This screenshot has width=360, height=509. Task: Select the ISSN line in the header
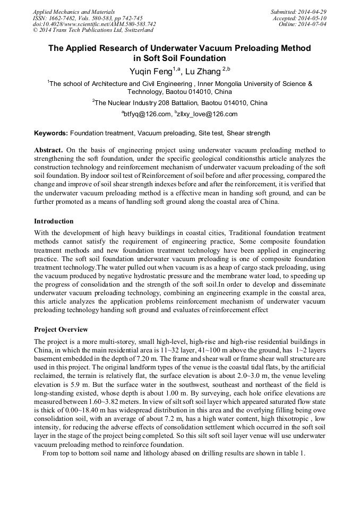87,18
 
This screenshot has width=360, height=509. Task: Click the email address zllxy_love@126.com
205,114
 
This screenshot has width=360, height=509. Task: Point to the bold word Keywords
51,133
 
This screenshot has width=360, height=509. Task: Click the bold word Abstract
49,150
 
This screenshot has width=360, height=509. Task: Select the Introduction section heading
54,221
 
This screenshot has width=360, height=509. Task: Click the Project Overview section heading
61,330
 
